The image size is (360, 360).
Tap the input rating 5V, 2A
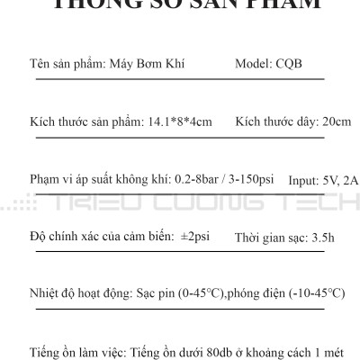[340, 180]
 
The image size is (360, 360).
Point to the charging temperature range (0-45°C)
[221, 293]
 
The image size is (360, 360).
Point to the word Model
[251, 65]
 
